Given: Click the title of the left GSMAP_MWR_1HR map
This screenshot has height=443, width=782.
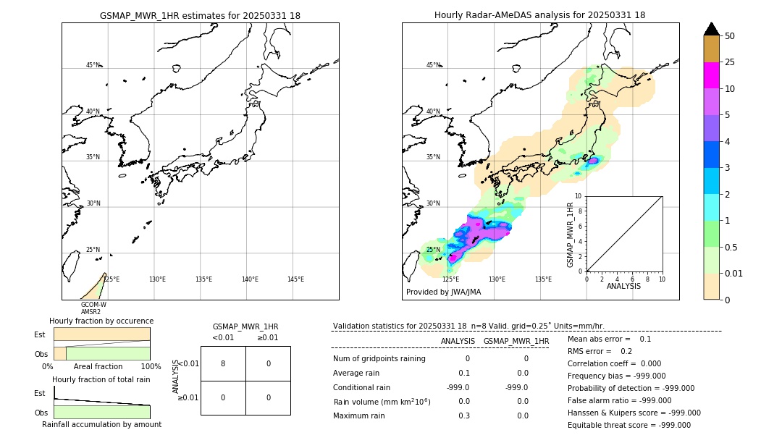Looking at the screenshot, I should click(200, 15).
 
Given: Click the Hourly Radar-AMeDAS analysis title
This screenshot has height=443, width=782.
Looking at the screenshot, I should click(539, 15).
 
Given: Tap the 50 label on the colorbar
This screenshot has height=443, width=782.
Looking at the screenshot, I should click(730, 36).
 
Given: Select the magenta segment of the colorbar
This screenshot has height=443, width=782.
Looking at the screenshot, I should click(711, 75).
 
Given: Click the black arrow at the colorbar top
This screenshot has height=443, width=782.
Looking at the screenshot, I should click(711, 29).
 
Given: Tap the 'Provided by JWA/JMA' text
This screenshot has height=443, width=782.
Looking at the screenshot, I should click(443, 292).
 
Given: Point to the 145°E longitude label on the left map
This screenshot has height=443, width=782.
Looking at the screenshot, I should click(295, 279).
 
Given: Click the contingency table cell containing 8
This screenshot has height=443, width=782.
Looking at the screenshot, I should click(223, 363).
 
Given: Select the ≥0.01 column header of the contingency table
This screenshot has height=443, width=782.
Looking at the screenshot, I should click(267, 337).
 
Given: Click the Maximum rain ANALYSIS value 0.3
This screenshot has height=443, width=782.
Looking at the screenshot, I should click(463, 415).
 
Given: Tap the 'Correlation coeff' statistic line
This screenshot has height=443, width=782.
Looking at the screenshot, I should click(610, 363).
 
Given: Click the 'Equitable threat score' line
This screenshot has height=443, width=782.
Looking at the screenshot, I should click(628, 425).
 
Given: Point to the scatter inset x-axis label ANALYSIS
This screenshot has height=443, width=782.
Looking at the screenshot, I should click(623, 286).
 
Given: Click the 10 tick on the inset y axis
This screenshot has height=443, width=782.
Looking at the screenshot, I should click(579, 196).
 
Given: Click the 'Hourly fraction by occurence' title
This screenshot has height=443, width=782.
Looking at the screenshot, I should click(101, 321).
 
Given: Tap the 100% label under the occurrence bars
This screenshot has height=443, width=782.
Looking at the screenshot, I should click(151, 366).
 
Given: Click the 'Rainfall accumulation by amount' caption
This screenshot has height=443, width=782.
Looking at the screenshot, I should click(101, 424).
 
